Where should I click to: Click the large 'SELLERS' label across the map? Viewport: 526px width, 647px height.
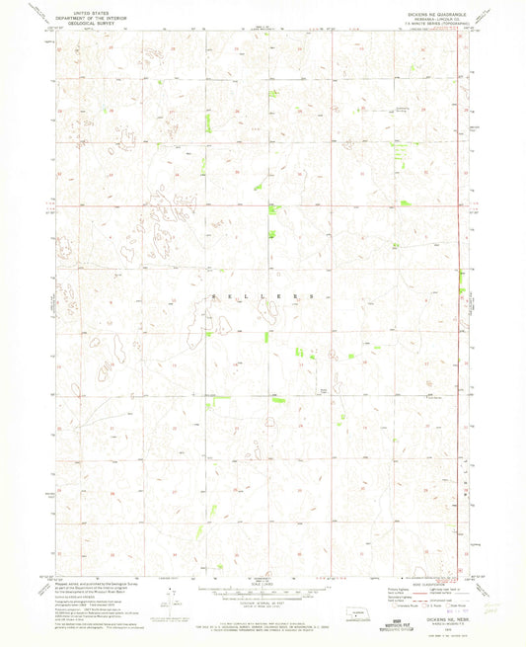click(262, 295)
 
